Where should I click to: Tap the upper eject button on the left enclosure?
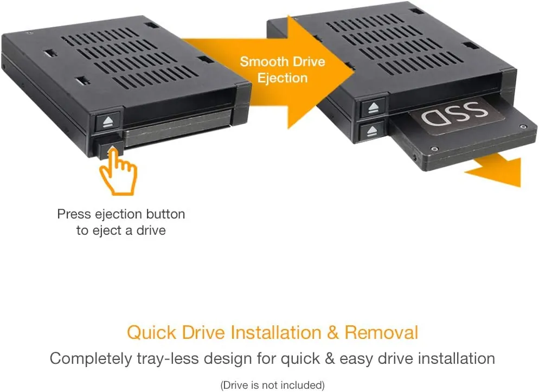coord(107,121)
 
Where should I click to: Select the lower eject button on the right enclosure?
coord(371,131)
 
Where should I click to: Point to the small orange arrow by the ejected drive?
coord(495,170)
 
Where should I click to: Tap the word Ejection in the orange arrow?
coord(282,78)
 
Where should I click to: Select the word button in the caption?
coord(166,214)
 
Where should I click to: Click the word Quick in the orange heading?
coord(152,332)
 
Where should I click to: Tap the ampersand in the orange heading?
coord(333,332)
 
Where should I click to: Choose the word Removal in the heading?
coord(381,332)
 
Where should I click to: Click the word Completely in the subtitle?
coord(91,359)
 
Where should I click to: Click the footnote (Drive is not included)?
coord(273,385)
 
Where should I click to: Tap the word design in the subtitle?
coord(228,359)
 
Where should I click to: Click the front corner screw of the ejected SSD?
coord(434,149)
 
